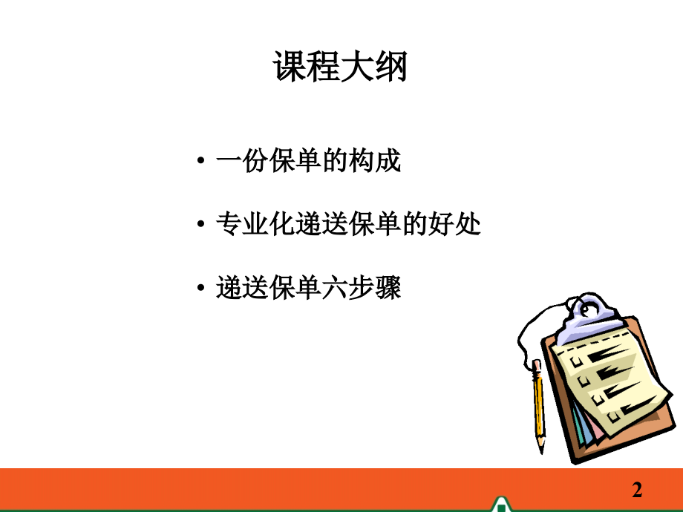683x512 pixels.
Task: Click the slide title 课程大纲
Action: click(x=340, y=66)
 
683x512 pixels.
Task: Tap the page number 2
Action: click(x=637, y=490)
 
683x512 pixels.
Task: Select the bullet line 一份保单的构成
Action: click(x=308, y=161)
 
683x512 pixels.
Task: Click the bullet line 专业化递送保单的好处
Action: click(x=348, y=224)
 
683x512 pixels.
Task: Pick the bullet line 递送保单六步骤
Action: click(x=308, y=288)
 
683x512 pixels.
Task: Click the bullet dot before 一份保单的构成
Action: click(x=200, y=161)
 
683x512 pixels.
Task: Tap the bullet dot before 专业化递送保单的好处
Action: click(x=200, y=224)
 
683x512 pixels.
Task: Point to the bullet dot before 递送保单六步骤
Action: click(x=200, y=288)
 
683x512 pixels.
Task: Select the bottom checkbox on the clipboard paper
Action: click(x=612, y=417)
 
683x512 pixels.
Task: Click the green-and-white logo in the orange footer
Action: click(x=501, y=504)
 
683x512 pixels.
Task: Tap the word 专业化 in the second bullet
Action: click(x=255, y=224)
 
